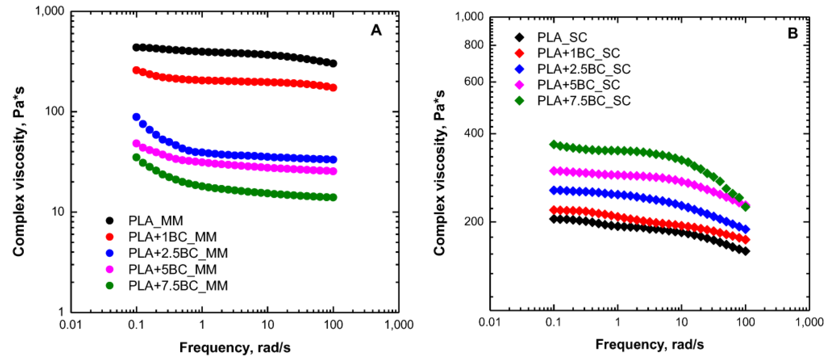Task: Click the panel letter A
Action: click(376, 31)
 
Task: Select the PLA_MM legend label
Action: click(156, 221)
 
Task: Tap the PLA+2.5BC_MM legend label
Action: click(178, 253)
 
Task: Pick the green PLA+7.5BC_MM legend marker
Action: click(110, 286)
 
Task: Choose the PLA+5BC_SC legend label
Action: click(578, 85)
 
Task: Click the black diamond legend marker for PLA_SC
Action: click(520, 37)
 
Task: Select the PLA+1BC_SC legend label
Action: click(578, 53)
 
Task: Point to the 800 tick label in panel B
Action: click(474, 45)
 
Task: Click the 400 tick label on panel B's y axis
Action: click(474, 133)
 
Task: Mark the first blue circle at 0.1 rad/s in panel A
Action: click(136, 117)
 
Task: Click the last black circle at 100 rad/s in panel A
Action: click(333, 63)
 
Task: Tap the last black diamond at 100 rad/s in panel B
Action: click(746, 251)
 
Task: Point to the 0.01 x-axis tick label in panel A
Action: click(70, 325)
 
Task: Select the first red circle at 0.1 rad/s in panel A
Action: click(136, 70)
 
